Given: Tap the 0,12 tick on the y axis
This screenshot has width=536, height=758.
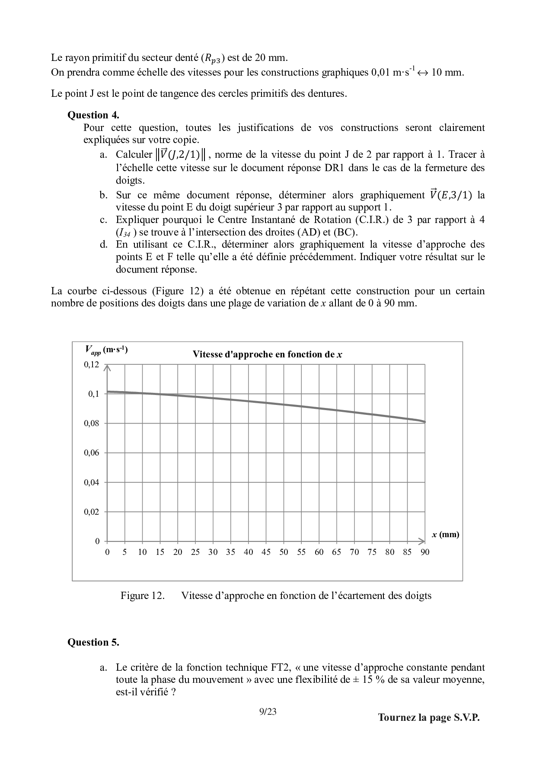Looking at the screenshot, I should point(91,365).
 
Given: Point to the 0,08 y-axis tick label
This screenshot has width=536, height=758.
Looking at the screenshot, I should point(91,424).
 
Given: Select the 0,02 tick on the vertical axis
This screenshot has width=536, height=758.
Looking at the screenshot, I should point(91,512).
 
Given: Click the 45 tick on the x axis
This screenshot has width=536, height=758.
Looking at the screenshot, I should point(266,552).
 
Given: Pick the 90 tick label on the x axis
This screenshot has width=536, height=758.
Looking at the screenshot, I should point(425,552).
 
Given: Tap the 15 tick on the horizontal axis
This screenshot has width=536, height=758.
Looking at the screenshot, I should point(160,552).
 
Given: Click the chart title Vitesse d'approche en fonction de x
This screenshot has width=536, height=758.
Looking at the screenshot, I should point(267,355).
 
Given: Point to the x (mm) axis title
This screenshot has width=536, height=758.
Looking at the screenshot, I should point(445,535).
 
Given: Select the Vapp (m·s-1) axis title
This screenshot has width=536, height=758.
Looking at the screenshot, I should point(106,350).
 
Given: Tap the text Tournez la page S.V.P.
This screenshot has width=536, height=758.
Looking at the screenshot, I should point(429,718).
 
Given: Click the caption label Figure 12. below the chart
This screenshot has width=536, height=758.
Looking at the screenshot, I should point(142,596).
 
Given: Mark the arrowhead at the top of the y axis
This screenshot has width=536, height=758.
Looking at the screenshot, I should point(107,367).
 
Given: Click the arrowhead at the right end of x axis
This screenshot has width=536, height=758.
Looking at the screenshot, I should point(422,541).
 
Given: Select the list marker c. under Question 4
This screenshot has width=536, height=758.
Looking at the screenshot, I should point(103,220).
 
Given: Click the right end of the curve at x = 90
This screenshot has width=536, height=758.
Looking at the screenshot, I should point(425,422).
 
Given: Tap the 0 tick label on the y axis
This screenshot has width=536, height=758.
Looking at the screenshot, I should point(97,541).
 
